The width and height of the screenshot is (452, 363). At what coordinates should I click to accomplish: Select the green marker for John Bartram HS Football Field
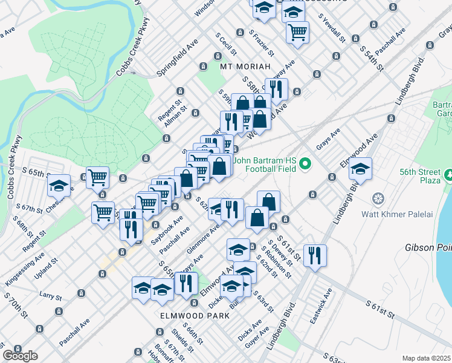(306, 163)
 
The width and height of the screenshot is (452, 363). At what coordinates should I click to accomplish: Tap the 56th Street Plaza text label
(421, 175)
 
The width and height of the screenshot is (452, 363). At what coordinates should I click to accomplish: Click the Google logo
(20, 356)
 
